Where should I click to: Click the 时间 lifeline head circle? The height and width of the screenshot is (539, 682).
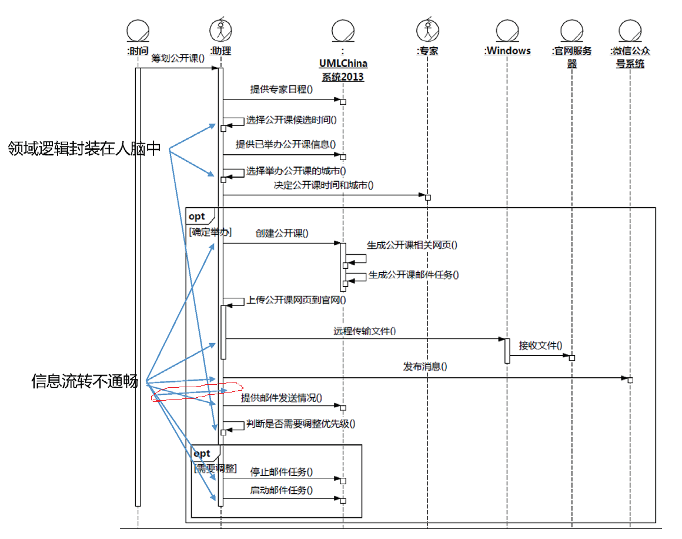pos(138,31)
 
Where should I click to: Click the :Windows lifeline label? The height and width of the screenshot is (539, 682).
pos(507,51)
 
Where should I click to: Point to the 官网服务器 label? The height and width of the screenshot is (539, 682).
pos(572,58)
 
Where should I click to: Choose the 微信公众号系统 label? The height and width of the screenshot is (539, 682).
pos(630,58)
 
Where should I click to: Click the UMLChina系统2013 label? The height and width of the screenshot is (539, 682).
pos(343,70)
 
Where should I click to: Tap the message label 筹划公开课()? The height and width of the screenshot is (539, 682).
pos(178,58)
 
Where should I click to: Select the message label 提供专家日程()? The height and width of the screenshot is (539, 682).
pos(282,89)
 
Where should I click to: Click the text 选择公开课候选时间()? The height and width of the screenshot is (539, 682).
pos(292,119)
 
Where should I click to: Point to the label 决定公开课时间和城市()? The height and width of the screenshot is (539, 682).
pos(323,185)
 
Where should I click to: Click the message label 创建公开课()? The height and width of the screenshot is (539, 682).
pos(282,234)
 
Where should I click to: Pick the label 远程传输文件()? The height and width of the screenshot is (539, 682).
pos(365,331)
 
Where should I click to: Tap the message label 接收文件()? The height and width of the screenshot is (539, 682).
pos(541,345)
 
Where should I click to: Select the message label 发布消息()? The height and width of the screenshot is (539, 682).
pos(425,367)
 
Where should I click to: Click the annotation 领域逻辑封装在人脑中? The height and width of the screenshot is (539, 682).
pos(85,148)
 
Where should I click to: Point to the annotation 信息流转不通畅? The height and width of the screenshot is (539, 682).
pos(85,381)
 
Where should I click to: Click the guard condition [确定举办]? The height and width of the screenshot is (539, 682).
pos(210,232)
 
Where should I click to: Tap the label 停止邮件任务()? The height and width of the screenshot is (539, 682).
pos(282,471)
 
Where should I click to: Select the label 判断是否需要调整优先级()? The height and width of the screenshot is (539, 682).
pos(301,424)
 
